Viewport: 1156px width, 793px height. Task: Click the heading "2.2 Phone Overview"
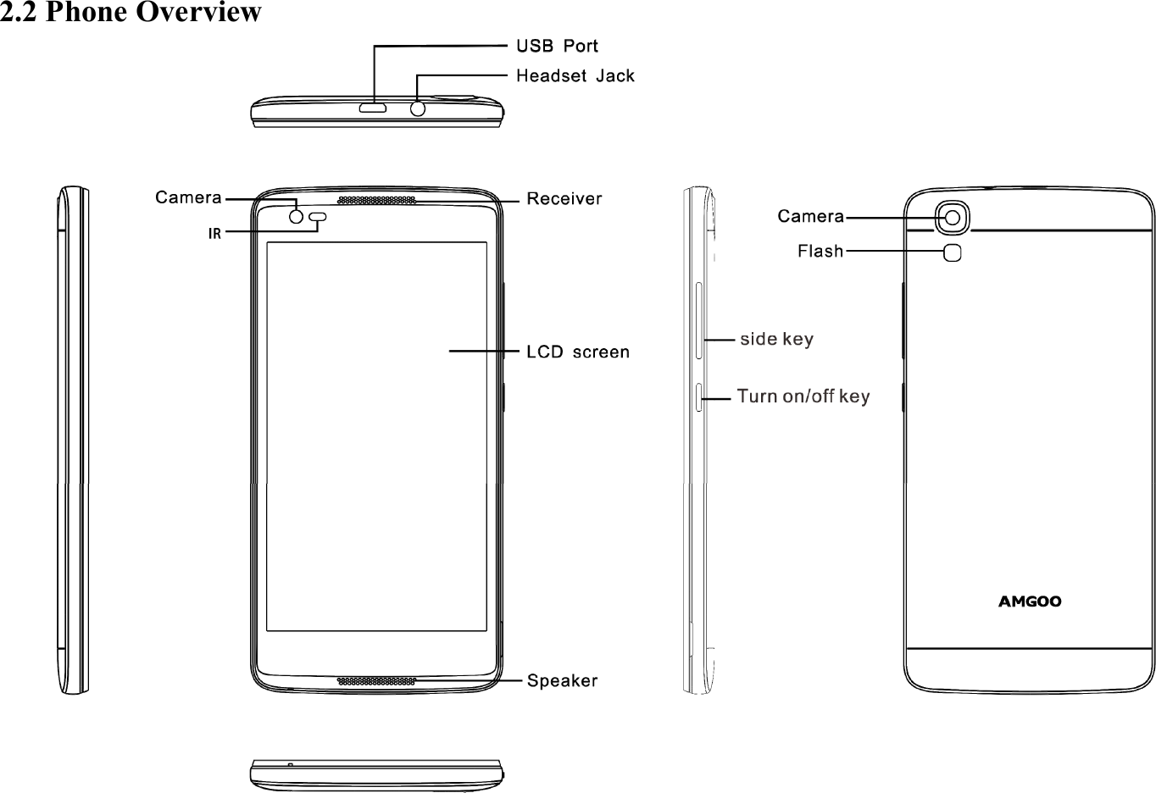(131, 14)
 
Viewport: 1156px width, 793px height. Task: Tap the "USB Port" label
(558, 46)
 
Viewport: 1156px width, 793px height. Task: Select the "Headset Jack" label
(575, 76)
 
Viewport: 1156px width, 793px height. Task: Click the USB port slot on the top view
(373, 108)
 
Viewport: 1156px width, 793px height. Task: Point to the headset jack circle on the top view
(417, 108)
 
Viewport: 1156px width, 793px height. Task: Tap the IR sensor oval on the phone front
(319, 217)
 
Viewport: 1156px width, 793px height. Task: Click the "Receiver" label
(564, 199)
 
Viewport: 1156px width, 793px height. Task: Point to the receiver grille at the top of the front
(376, 201)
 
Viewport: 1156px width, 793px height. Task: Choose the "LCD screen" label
(578, 352)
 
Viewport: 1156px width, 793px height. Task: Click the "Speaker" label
(563, 680)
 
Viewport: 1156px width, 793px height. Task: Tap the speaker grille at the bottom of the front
(376, 680)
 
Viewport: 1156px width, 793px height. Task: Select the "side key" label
(776, 340)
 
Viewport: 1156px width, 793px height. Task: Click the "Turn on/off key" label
(803, 396)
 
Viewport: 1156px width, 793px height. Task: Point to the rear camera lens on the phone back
(953, 218)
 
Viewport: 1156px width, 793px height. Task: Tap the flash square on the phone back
(953, 252)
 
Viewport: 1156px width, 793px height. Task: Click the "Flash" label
(820, 251)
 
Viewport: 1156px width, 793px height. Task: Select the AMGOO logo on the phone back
(1029, 602)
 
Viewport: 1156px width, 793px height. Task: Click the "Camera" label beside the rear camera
(810, 217)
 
